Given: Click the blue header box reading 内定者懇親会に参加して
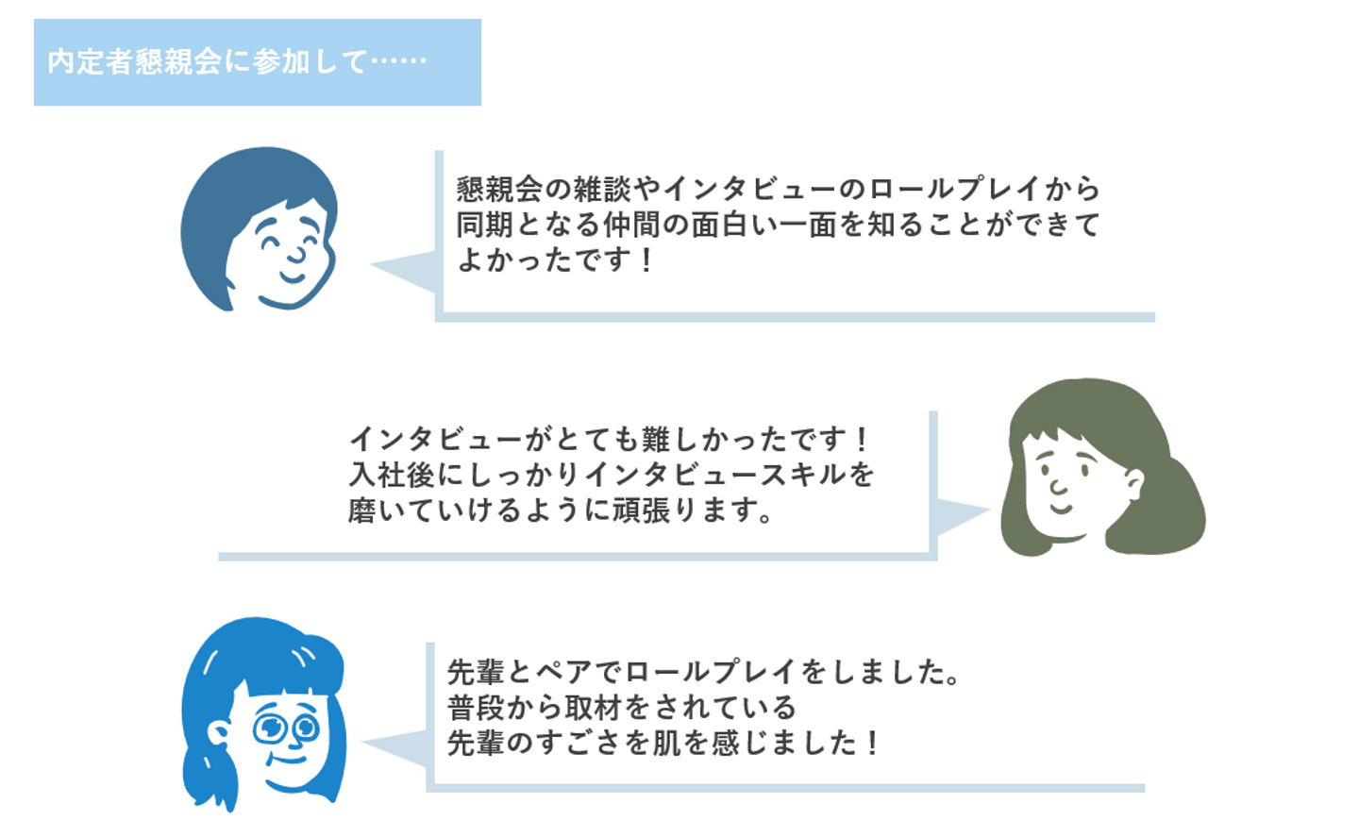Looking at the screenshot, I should (257, 62).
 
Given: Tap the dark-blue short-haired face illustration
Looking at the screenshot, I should (259, 229).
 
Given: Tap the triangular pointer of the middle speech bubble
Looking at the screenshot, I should (959, 513).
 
